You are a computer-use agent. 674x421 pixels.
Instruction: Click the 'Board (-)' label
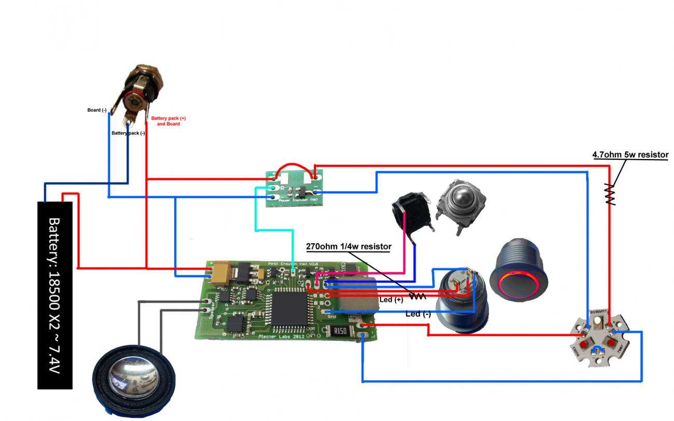click(97, 110)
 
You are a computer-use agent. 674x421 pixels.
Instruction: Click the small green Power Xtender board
click(293, 189)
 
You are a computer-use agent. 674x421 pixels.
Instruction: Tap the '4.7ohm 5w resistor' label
click(630, 155)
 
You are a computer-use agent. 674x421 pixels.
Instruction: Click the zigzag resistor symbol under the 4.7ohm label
click(610, 194)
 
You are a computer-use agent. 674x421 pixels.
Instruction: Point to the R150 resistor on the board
click(340, 330)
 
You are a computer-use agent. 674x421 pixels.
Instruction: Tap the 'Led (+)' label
click(391, 300)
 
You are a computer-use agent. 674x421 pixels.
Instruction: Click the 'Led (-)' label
click(418, 314)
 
